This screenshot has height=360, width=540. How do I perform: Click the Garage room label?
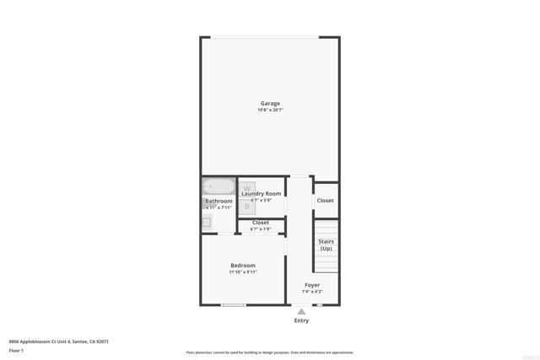click(270, 104)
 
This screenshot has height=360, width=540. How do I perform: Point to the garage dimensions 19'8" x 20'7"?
click(270, 110)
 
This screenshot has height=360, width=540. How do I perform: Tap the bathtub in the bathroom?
click(218, 187)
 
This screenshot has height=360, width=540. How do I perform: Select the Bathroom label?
click(219, 201)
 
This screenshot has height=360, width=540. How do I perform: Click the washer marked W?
click(247, 189)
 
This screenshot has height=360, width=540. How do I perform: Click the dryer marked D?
click(247, 206)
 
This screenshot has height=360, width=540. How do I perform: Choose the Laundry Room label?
click(262, 193)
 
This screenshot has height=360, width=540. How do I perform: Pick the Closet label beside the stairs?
click(325, 201)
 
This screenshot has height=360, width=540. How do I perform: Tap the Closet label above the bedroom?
click(261, 223)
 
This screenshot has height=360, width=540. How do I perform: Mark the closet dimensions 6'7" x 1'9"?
click(261, 229)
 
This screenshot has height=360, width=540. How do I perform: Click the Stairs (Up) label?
click(326, 245)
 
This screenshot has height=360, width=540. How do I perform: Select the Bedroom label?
click(243, 266)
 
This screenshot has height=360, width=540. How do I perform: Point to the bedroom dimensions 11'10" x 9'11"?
click(243, 272)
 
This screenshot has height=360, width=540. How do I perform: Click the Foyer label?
click(312, 285)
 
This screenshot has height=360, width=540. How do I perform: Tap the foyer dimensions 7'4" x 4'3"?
click(312, 292)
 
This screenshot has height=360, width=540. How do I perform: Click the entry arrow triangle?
click(301, 311)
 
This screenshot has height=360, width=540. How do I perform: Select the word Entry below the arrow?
click(301, 320)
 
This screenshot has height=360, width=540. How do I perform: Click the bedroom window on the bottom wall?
click(234, 304)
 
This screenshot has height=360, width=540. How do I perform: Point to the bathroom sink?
click(206, 223)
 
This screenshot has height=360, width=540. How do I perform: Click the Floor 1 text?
click(16, 350)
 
